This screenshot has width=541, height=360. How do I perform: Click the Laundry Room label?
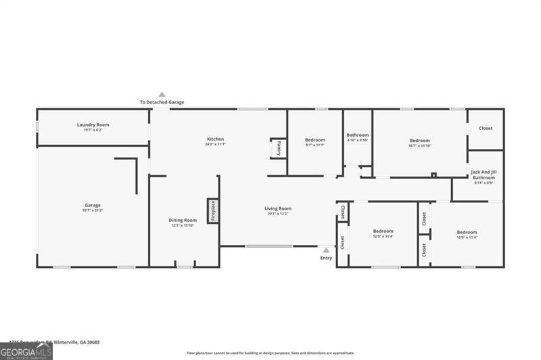[93, 125]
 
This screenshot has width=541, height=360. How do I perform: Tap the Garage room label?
[93, 205]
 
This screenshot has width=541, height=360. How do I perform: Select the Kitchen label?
[215, 139]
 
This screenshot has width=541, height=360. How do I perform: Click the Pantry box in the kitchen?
[277, 148]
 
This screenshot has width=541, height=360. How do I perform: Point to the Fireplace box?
[212, 211]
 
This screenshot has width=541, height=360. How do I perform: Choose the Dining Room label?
[183, 220]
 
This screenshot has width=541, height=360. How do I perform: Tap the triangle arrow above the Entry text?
[326, 250]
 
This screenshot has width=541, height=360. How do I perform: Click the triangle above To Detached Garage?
[162, 95]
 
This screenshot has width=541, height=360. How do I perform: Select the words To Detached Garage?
[162, 102]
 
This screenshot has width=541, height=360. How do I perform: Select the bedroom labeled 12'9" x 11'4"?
[467, 232]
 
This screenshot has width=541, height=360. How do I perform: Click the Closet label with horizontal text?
[486, 128]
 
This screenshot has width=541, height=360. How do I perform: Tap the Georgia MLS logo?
[26, 351]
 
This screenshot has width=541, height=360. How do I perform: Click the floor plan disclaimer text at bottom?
[270, 353]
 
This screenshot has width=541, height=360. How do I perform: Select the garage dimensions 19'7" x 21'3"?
[93, 210]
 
